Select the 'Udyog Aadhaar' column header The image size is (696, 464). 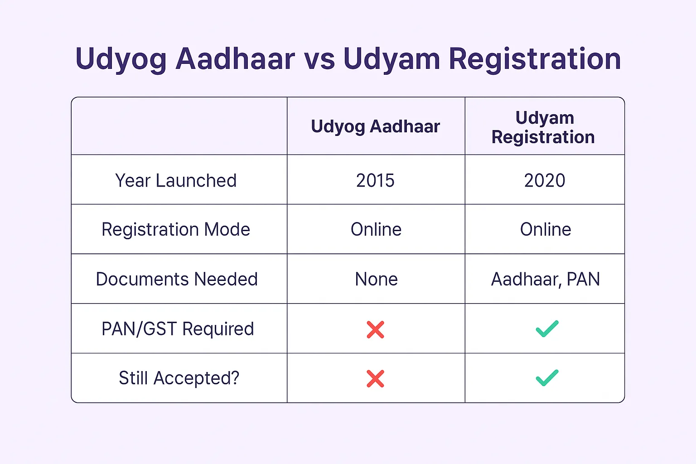[x=375, y=126]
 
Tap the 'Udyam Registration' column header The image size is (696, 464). [x=543, y=127]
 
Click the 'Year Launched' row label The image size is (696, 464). [x=176, y=180]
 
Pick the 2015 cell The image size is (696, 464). [x=375, y=180]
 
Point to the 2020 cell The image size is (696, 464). [x=545, y=180]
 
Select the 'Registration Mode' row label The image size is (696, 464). [x=176, y=230]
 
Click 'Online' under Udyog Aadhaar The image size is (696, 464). [x=376, y=229]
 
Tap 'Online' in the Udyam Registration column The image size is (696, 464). [x=546, y=229]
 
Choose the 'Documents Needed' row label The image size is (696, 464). [x=177, y=279]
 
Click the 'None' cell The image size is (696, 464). [x=376, y=279]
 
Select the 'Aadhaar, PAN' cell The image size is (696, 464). [x=545, y=279]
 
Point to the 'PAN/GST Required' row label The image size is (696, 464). [x=178, y=329]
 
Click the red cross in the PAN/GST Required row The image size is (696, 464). [x=375, y=329]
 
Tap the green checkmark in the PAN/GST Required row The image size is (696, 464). [x=547, y=329]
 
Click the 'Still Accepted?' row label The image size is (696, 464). [x=179, y=378]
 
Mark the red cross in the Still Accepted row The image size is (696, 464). [x=375, y=378]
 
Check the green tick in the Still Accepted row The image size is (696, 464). [x=547, y=378]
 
